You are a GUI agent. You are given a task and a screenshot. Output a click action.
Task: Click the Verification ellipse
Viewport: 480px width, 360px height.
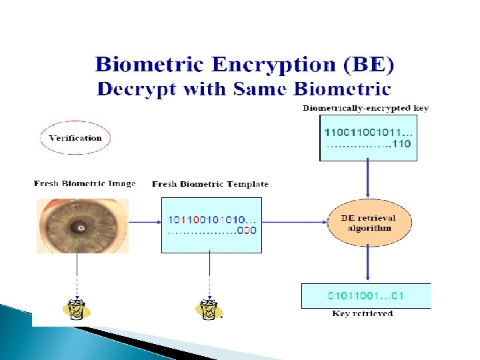click(x=75, y=138)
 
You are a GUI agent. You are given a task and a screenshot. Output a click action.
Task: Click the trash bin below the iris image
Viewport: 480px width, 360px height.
click(x=77, y=309)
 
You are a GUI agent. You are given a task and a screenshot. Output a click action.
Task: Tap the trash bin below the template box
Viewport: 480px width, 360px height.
click(x=209, y=309)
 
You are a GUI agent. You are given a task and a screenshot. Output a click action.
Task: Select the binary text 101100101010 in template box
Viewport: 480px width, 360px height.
click(x=209, y=219)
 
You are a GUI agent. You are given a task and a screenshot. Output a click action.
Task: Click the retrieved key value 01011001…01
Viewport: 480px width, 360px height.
click(x=366, y=295)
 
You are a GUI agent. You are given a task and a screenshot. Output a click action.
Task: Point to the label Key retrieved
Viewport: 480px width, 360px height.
click(x=363, y=313)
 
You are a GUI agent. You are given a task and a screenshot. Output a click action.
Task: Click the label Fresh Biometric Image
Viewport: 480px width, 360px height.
click(x=85, y=184)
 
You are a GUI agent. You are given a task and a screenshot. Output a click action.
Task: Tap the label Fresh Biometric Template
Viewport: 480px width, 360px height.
click(x=210, y=184)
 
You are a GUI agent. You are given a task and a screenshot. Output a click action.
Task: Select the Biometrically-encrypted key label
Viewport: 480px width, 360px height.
click(x=365, y=108)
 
